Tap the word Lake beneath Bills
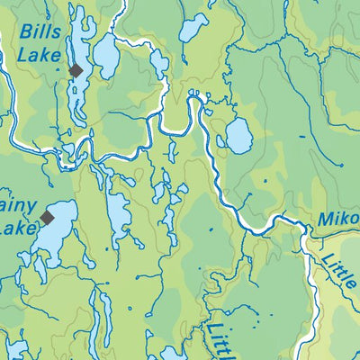38,57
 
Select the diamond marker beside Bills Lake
76,70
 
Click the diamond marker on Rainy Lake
47,217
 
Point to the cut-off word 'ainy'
18,206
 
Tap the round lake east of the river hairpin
238,136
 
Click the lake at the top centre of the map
193,27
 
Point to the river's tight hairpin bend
193,99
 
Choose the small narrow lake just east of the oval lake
159,63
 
